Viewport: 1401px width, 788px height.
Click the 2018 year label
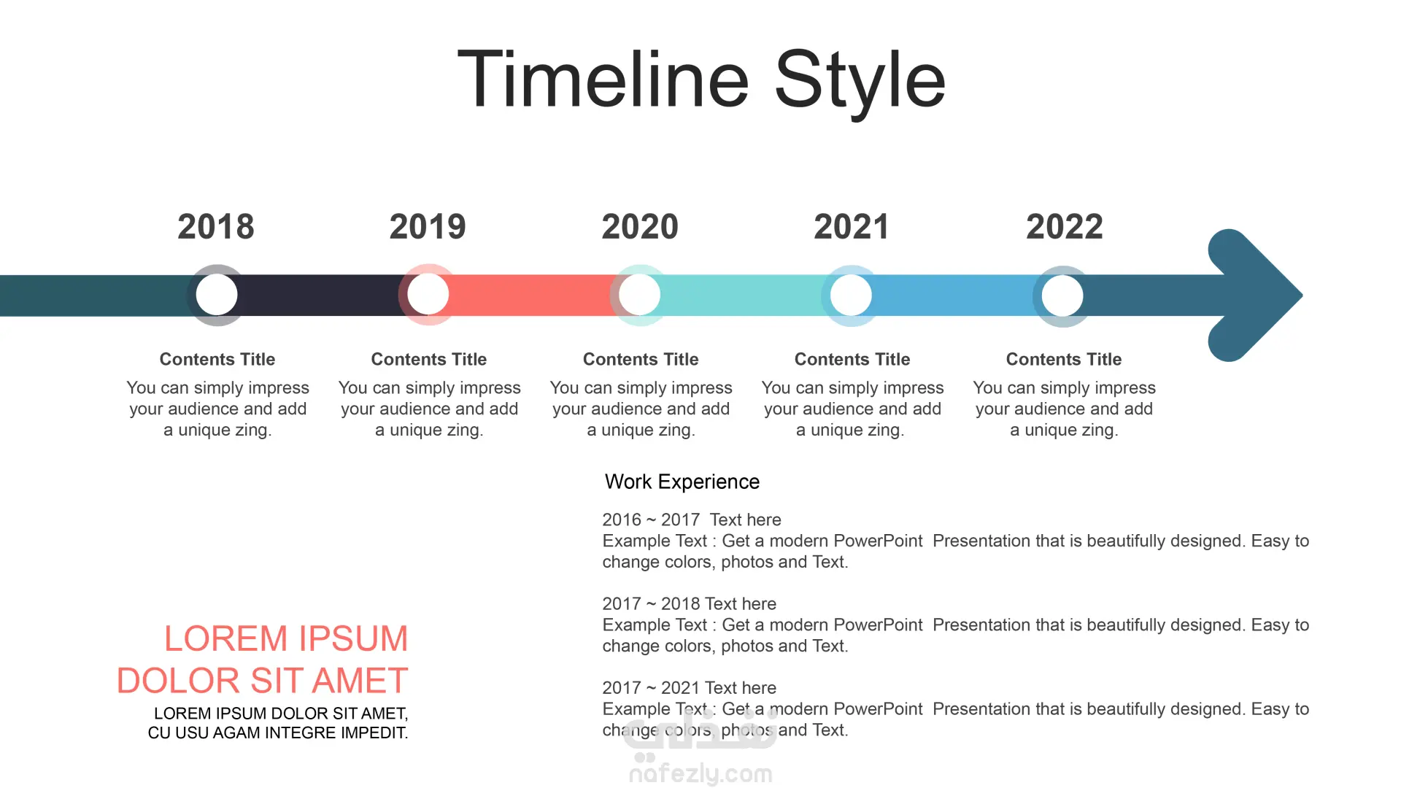[x=216, y=227]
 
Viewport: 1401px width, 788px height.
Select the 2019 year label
[x=428, y=227]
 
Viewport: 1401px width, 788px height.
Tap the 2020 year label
[x=640, y=227]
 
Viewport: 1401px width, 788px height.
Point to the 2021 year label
[x=852, y=227]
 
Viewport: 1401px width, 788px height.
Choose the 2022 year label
[x=1065, y=227]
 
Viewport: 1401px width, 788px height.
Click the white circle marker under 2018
[x=217, y=295]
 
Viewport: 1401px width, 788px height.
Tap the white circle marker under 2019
[x=428, y=295]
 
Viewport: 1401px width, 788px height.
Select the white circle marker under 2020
[x=640, y=295]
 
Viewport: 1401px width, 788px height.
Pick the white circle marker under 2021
[x=852, y=295]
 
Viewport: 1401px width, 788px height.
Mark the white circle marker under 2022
[x=1063, y=295]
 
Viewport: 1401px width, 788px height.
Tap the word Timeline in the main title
[x=603, y=80]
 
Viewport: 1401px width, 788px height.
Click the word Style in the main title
[x=860, y=82]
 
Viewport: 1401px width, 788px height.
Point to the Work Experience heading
[x=682, y=482]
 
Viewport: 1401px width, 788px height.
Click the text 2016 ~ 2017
[x=651, y=519]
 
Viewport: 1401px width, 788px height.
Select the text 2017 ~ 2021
[x=651, y=687]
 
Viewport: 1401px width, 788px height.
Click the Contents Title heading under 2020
[x=641, y=359]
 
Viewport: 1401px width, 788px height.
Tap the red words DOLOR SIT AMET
[x=262, y=681]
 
